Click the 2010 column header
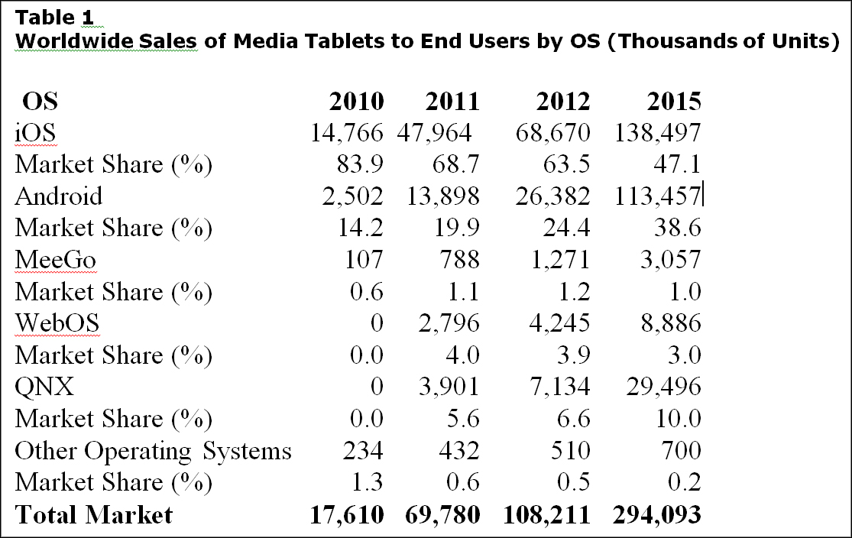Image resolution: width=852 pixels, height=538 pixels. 356,102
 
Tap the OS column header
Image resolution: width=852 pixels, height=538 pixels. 40,102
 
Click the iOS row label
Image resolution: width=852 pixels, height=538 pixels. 35,133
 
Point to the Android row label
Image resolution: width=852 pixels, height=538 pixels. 58,196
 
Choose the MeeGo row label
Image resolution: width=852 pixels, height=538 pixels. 55,260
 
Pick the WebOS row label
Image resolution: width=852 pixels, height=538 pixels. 57,323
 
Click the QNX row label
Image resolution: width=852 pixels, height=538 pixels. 44,387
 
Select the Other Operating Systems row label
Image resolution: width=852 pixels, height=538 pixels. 153,451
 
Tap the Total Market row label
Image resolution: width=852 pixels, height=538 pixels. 93,515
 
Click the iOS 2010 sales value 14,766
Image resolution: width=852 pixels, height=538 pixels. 346,133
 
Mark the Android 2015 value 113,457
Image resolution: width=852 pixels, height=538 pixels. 657,196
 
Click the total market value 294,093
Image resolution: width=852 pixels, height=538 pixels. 656,515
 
